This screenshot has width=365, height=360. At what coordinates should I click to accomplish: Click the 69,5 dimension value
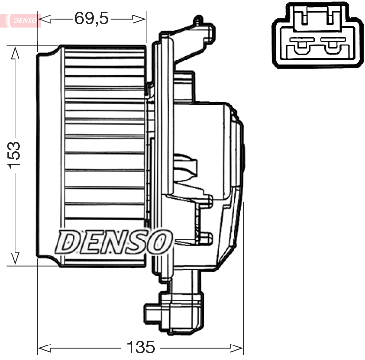click(x=92, y=18)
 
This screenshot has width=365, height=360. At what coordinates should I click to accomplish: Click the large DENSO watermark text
click(x=114, y=241)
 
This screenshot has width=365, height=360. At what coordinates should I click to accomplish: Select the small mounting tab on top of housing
click(x=197, y=21)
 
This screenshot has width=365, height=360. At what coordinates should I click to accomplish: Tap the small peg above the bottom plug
click(x=207, y=238)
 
